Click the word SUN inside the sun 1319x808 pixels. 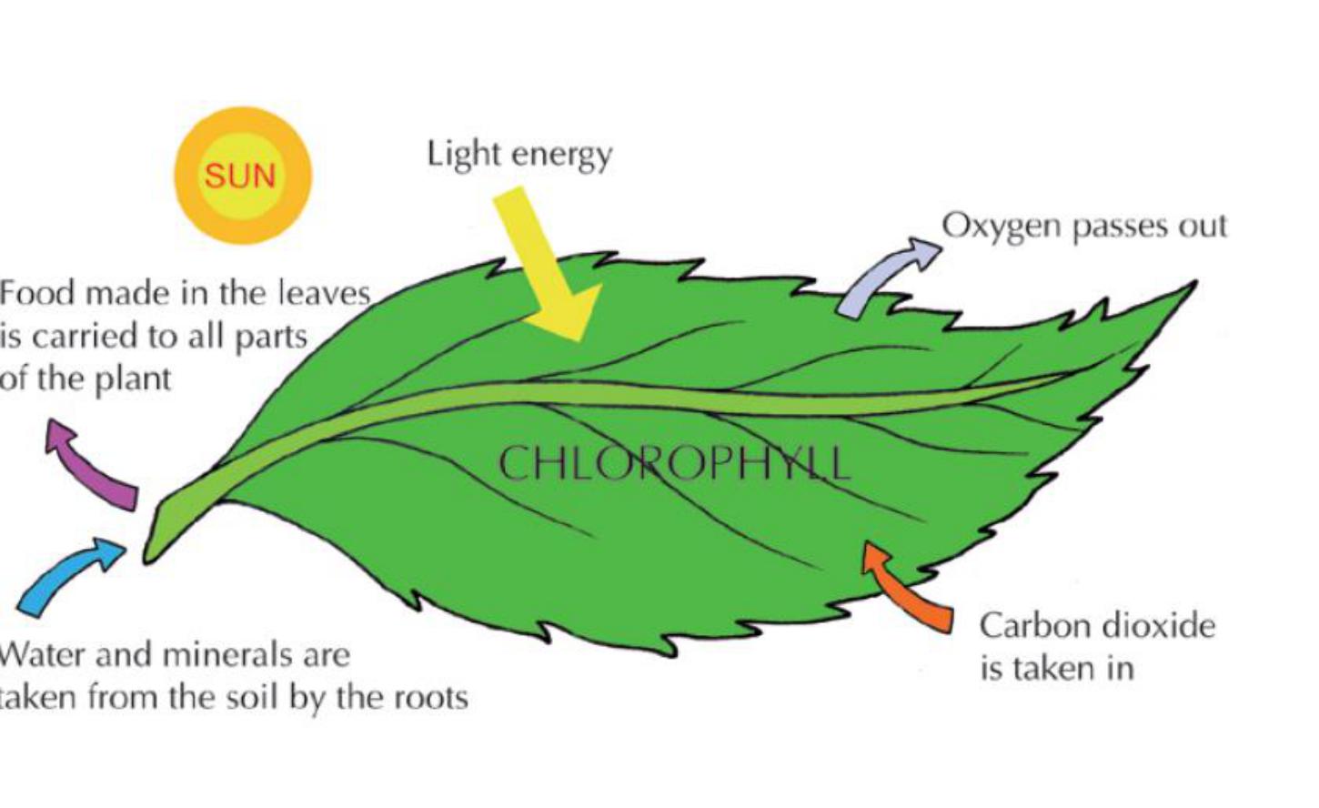[239, 175]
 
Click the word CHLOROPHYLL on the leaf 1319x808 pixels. [673, 463]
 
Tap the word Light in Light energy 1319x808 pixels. [456, 153]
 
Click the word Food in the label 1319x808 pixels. [31, 293]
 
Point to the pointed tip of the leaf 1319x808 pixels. [1192, 286]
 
